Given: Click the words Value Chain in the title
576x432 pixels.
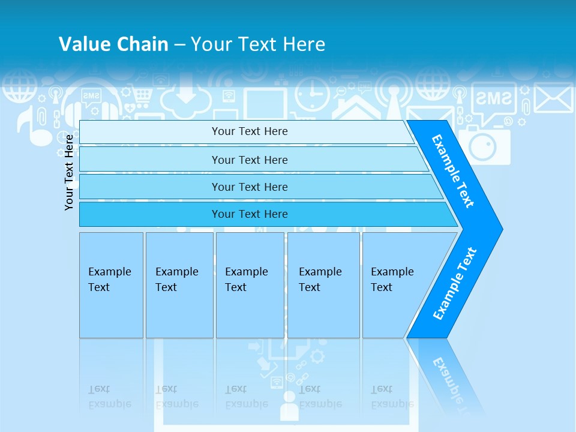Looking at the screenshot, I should tap(113, 44).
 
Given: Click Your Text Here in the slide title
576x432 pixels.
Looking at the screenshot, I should tap(258, 44).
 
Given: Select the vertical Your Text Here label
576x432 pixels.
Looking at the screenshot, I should tap(69, 172).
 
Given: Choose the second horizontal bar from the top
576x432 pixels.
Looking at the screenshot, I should tap(249, 160).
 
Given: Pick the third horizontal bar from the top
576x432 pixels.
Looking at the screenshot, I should tap(249, 187).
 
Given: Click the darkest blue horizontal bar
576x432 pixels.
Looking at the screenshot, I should tap(249, 214).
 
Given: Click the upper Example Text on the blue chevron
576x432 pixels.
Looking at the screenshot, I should tap(453, 171).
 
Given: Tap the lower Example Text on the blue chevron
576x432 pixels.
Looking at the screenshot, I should tap(454, 283).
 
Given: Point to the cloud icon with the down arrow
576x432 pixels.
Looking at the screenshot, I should tap(186, 96).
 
